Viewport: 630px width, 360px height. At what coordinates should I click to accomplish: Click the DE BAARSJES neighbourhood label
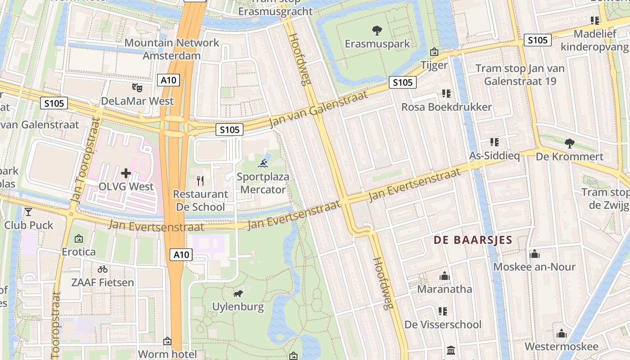(473, 240)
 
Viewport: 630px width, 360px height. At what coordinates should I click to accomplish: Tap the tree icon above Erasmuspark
(377, 31)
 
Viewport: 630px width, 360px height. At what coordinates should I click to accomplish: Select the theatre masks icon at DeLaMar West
(137, 87)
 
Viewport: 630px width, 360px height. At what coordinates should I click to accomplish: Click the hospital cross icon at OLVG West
(126, 173)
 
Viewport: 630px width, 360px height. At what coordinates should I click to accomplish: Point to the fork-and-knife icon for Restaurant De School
(200, 181)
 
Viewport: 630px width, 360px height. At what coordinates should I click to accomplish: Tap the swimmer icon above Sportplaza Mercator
(263, 162)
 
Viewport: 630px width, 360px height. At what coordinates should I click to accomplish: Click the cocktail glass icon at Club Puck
(29, 211)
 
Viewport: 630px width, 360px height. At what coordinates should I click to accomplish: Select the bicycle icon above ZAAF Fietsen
(103, 269)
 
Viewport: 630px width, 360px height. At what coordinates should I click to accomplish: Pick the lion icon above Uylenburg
(238, 294)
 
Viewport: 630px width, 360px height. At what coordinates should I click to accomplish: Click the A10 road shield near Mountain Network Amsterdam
(169, 81)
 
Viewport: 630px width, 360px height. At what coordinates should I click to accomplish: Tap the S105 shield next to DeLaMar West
(54, 103)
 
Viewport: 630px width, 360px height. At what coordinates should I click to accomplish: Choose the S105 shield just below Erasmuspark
(402, 82)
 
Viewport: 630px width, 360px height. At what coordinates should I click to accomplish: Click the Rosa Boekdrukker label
(446, 107)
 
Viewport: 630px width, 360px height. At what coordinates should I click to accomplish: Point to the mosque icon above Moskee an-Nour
(534, 254)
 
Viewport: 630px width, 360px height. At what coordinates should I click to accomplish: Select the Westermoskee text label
(561, 346)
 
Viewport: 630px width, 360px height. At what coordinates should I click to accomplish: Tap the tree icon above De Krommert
(569, 144)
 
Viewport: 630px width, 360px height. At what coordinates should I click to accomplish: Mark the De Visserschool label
(443, 324)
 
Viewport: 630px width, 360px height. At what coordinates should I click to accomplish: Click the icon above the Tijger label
(434, 52)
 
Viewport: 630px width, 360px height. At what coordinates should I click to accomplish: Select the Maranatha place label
(445, 289)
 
